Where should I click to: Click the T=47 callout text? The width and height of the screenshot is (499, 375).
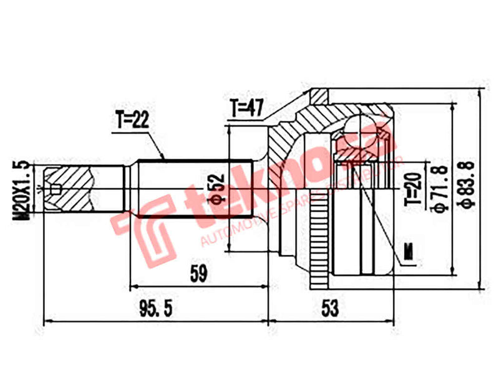[246, 109]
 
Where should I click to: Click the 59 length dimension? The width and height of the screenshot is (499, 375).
[198, 273]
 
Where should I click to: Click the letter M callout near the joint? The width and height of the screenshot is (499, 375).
[409, 252]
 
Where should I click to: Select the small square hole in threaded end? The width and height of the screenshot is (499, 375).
[56, 188]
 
